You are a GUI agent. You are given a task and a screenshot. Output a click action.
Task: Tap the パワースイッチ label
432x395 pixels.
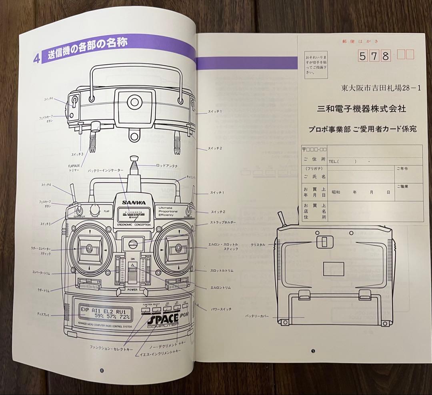tap(220, 309)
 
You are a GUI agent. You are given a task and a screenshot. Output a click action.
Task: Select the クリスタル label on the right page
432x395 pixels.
tap(258, 245)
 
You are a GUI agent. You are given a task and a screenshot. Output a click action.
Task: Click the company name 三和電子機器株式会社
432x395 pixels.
tap(361, 108)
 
